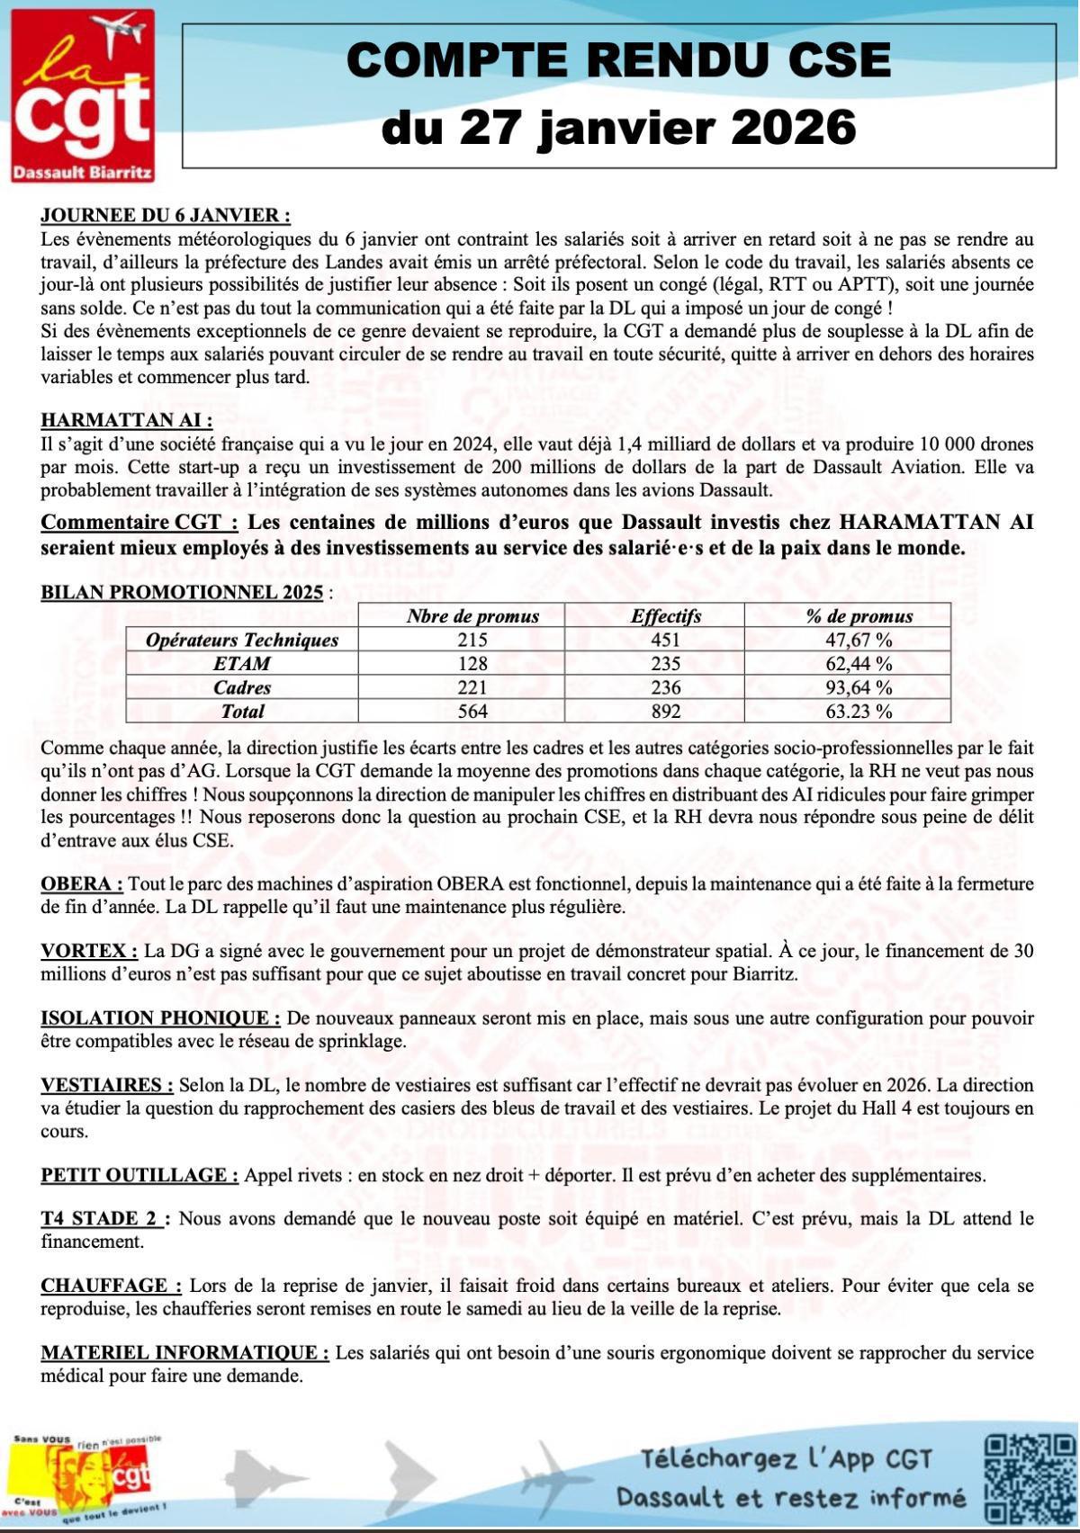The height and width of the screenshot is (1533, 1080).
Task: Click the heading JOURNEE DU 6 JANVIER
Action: (x=166, y=216)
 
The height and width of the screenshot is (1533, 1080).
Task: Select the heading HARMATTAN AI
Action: (x=127, y=420)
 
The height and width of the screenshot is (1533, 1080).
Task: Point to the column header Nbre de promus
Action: (x=472, y=616)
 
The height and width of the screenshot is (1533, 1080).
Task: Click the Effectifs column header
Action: (x=666, y=616)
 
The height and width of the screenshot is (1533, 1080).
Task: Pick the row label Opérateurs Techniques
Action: (x=242, y=640)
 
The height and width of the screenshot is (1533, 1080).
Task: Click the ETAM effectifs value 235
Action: (x=666, y=664)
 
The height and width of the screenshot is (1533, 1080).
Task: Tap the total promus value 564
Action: (x=472, y=712)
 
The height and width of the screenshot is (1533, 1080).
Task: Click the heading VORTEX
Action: (x=88, y=951)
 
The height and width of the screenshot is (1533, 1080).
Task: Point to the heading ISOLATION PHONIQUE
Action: (x=160, y=1018)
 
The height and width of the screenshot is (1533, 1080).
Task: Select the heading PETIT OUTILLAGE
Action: (x=139, y=1175)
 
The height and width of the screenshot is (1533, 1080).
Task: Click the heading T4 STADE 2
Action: (x=102, y=1219)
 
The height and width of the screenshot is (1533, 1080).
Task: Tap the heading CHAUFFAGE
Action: (x=111, y=1286)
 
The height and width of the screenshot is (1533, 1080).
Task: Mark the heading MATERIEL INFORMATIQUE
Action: (x=184, y=1353)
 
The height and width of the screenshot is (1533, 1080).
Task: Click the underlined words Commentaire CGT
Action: (x=139, y=523)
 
